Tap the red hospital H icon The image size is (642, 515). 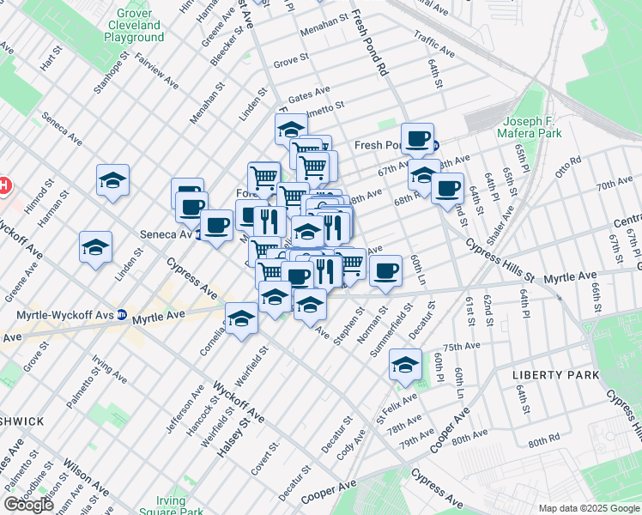3,185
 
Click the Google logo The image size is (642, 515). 28,505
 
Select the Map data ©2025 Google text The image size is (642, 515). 589,508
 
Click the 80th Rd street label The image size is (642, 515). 543,442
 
